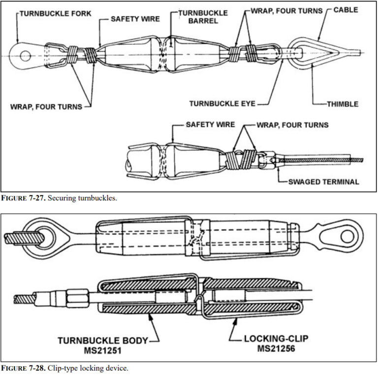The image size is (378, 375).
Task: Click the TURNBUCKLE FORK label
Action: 55,14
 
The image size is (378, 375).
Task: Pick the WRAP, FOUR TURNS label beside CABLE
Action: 286,10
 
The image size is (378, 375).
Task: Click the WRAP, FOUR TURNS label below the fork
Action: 48,106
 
